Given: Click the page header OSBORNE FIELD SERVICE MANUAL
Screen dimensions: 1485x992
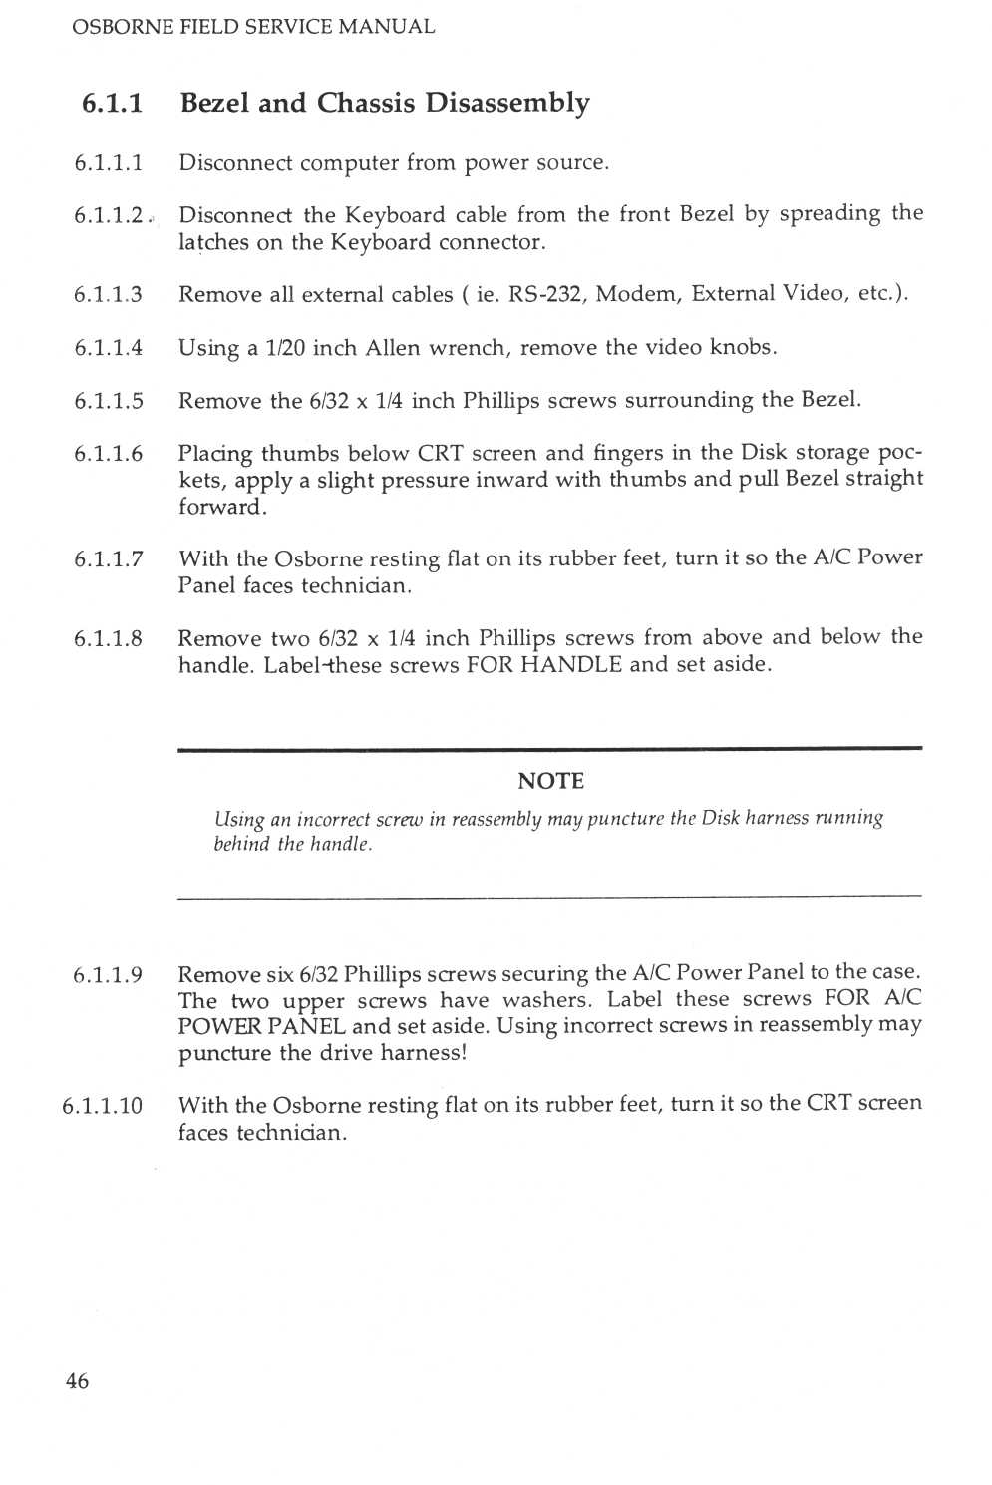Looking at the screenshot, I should coord(253,27).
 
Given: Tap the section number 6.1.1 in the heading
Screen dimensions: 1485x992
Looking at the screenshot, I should coord(112,103).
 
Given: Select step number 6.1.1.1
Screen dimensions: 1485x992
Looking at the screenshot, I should coord(108,163).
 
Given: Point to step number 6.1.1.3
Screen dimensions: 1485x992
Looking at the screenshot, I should coord(108,294).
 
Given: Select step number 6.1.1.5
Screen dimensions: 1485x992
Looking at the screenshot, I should coord(108,401).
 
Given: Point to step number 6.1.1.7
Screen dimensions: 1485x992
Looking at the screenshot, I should coord(108,558).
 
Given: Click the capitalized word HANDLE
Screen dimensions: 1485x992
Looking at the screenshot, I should coord(571,664).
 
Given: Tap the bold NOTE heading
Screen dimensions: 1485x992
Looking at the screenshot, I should coord(550,781).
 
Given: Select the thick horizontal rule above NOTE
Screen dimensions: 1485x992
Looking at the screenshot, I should coord(549,748).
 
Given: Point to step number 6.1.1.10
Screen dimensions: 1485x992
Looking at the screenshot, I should coord(102,1106).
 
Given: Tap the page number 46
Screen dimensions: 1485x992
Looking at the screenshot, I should coord(77,1381).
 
